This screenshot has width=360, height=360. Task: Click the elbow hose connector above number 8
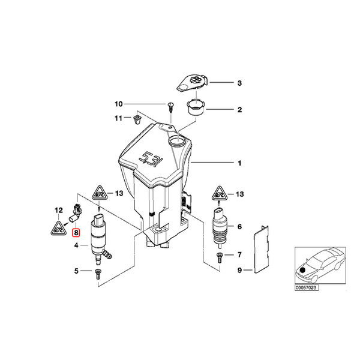pyautogui.click(x=77, y=211)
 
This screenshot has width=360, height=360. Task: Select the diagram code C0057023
pyautogui.click(x=307, y=287)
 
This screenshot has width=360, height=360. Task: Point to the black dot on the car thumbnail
pyautogui.click(x=309, y=271)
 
